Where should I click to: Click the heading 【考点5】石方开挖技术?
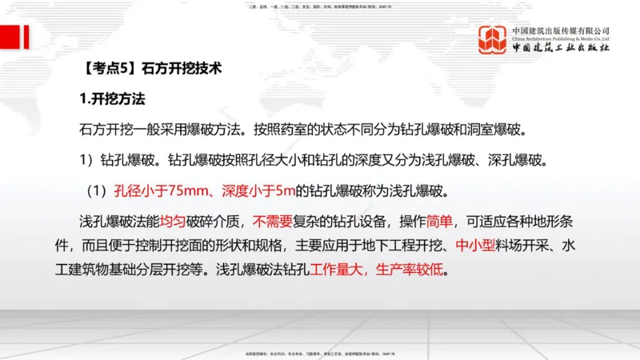coord(152,70)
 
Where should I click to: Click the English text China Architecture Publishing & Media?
coord(560,38)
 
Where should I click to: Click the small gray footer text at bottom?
coord(319,353)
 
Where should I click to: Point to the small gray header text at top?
coord(319,6)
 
